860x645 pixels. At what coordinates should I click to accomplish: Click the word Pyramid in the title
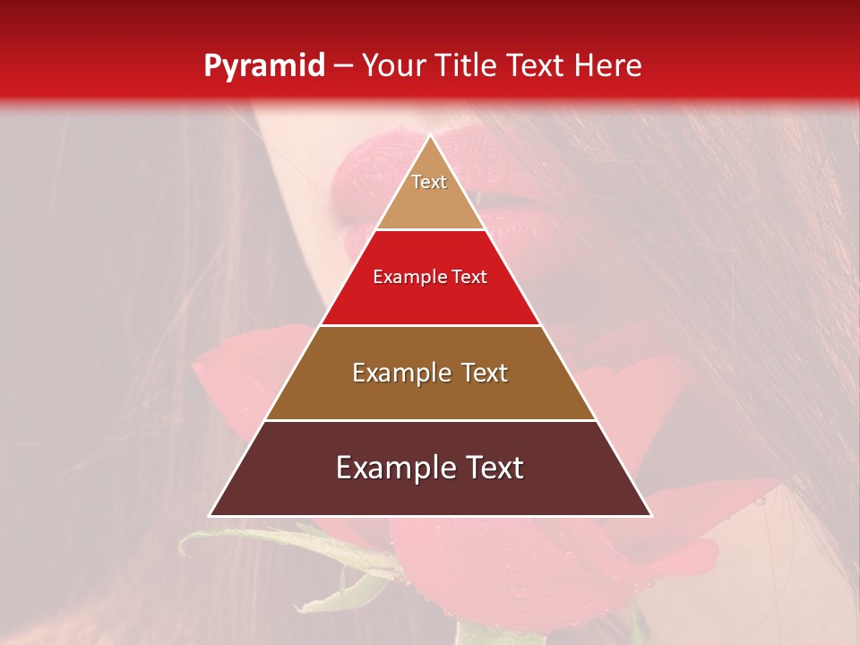263,67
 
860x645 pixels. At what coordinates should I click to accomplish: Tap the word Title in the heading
469,65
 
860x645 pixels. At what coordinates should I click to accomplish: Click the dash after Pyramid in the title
343,67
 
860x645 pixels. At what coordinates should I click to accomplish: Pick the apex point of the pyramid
430,136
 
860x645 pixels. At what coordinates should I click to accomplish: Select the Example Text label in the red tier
430,278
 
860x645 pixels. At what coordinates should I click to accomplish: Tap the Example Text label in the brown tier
430,373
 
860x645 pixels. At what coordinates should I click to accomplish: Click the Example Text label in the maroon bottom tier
430,468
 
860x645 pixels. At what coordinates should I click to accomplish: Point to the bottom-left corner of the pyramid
211,515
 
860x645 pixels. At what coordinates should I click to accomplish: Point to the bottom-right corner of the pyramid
650,515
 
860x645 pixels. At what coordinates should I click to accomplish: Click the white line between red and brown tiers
430,325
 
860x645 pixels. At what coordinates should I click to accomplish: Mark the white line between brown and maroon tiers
430,420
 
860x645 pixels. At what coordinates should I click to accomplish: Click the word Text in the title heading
537,65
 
